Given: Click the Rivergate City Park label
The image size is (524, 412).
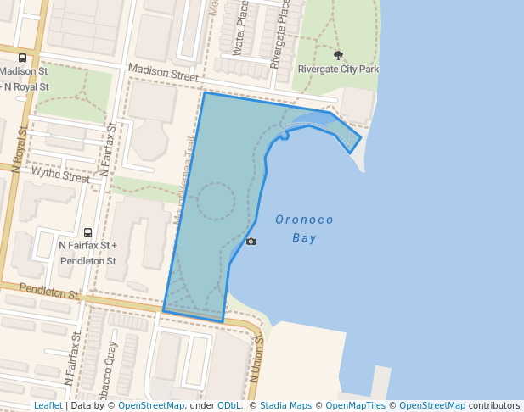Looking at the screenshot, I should tap(338, 69).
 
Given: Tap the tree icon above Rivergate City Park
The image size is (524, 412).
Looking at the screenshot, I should tap(338, 55).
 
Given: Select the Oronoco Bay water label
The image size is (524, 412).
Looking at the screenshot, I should tap(304, 229).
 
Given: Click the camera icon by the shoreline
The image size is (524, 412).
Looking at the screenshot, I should tap(251, 242).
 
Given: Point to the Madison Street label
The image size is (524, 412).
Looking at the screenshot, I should tap(162, 74).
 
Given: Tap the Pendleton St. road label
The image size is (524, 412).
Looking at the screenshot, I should tap(49, 292).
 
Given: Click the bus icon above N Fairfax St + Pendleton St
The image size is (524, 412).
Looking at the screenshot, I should tap(87, 232).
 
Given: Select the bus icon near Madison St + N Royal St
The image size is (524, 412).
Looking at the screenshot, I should tap(22, 58).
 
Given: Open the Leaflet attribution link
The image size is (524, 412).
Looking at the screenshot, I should tap(48, 405).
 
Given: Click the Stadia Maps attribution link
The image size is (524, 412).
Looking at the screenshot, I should tap(285, 405).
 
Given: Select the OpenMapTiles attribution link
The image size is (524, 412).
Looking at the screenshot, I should tap(358, 405).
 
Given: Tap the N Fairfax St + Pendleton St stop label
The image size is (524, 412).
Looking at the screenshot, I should tap(87, 253).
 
